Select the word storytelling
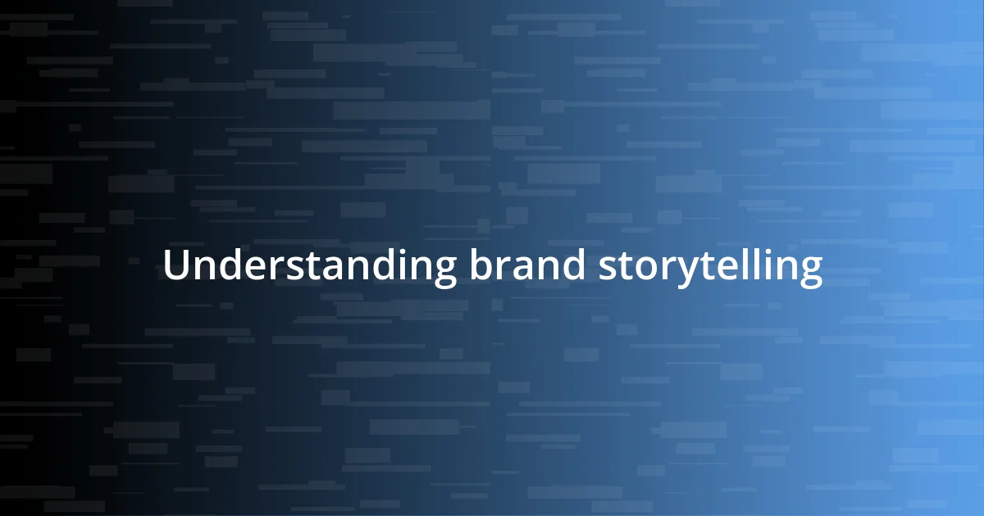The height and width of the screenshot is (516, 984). (x=710, y=267)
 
